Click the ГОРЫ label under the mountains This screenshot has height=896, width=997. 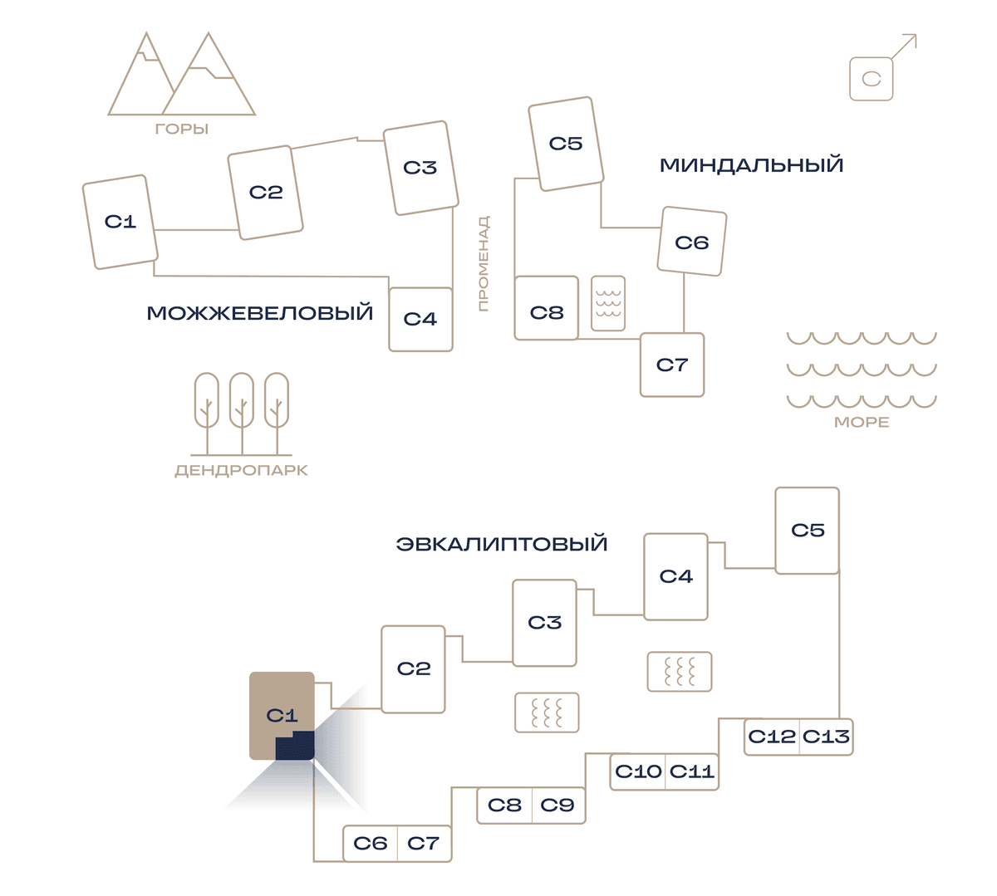click(x=182, y=130)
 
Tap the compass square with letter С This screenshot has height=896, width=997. click(x=871, y=79)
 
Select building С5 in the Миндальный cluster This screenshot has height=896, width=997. click(x=566, y=144)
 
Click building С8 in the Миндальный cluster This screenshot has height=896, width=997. click(x=546, y=308)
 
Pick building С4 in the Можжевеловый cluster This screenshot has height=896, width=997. click(x=420, y=320)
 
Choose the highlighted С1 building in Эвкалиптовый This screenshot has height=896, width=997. click(x=282, y=716)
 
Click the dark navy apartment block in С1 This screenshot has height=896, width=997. click(x=295, y=747)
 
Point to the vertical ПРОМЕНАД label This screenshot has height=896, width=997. click(x=483, y=263)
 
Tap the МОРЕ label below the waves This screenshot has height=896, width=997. click(x=862, y=423)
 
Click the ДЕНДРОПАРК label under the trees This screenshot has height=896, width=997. click(x=242, y=471)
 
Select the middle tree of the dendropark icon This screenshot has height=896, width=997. click(x=242, y=414)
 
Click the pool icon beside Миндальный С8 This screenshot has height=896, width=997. click(x=608, y=304)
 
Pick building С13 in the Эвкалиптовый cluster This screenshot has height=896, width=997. click(x=826, y=737)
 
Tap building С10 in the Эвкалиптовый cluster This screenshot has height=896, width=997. click(x=637, y=771)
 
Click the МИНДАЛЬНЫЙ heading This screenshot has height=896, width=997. click(x=751, y=165)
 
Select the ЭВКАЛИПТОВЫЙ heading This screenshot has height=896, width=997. click(x=502, y=544)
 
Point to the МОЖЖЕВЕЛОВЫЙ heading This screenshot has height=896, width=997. click(x=259, y=313)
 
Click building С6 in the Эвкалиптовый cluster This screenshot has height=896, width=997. click(x=371, y=844)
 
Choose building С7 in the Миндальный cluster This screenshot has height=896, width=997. click(x=672, y=365)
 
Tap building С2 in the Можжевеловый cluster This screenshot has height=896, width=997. click(x=265, y=193)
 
